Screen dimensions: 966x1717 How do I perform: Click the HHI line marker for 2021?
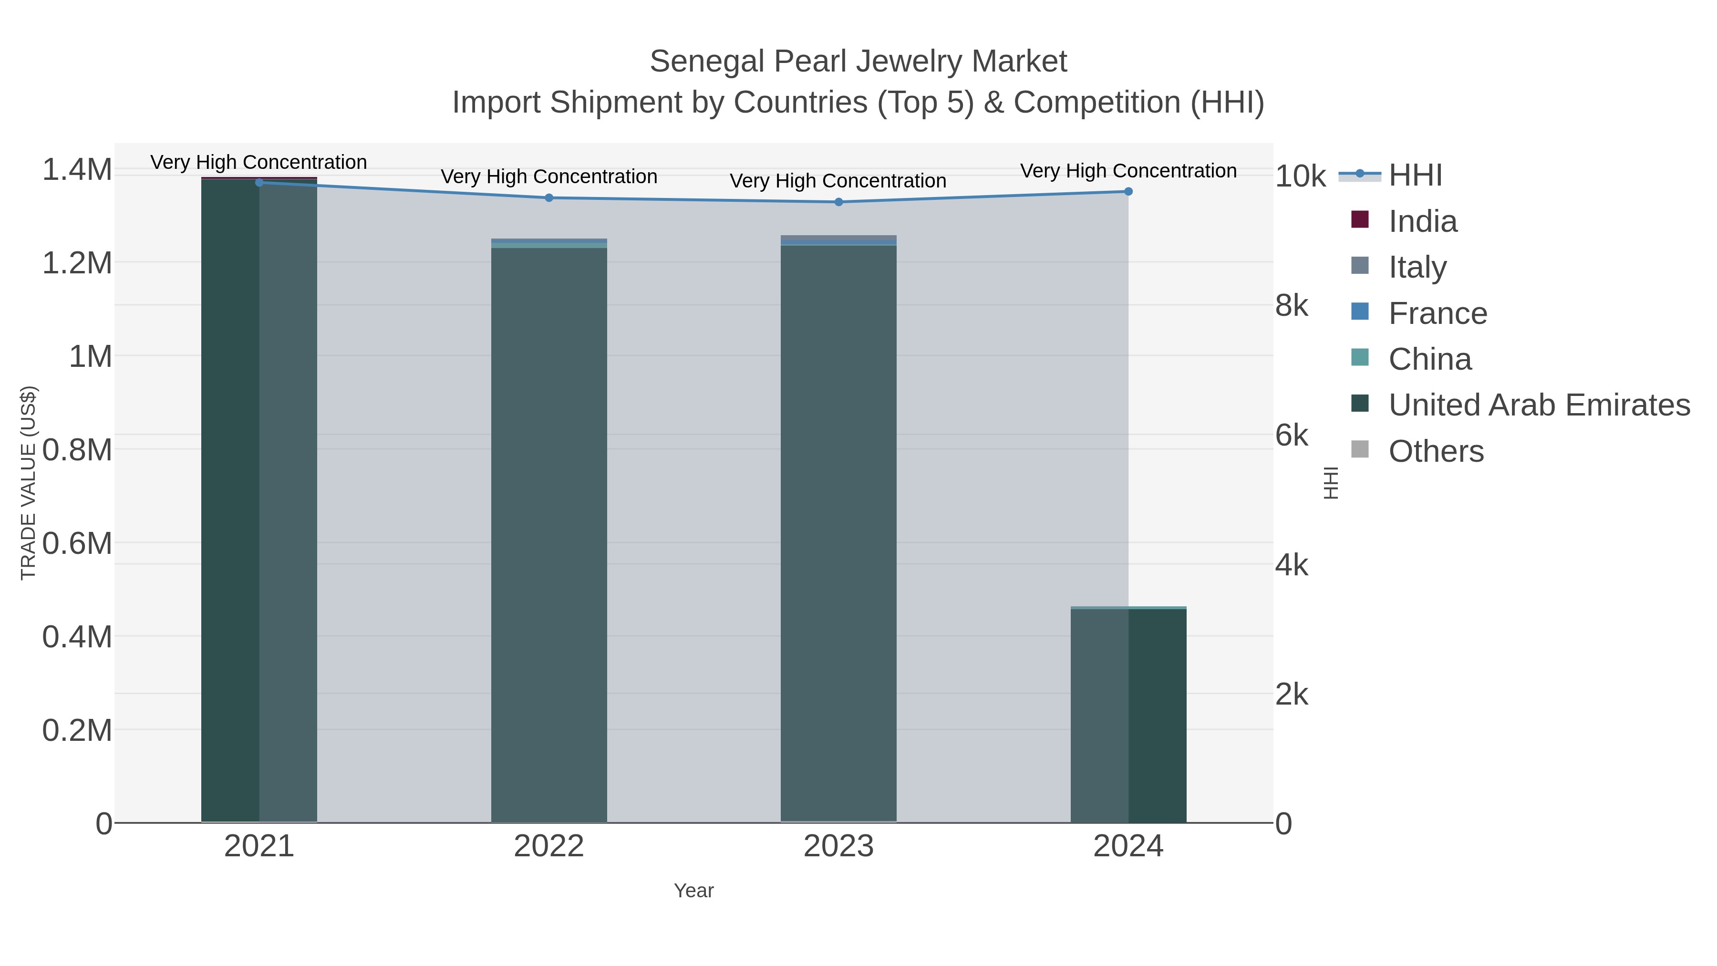[x=259, y=183]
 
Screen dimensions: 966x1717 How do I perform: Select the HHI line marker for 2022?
[x=549, y=198]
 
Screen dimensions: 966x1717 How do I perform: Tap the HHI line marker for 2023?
[x=838, y=202]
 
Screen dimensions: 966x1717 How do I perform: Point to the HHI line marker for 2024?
[x=1128, y=191]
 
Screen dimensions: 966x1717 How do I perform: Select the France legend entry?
[x=1437, y=313]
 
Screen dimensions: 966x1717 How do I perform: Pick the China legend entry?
[x=1430, y=359]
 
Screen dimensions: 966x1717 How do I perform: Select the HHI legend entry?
[x=1415, y=176]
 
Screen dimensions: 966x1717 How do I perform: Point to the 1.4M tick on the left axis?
[x=77, y=169]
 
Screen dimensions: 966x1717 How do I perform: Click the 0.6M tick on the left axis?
[x=77, y=543]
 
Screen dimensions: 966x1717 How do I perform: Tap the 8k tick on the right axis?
[x=1292, y=305]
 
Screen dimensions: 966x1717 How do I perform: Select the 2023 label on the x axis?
[x=838, y=847]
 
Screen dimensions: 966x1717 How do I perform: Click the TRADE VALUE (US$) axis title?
[x=28, y=483]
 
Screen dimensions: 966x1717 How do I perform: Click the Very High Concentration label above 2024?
[x=1128, y=171]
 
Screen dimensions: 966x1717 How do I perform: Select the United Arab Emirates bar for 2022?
[x=549, y=533]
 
